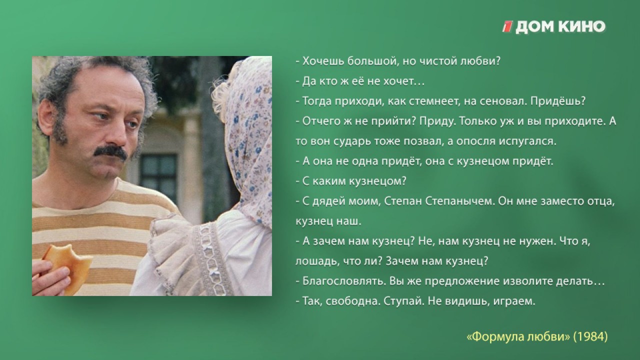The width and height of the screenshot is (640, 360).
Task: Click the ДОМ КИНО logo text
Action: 560,27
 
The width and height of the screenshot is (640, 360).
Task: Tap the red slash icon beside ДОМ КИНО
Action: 507,26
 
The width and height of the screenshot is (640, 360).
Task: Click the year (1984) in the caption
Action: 590,336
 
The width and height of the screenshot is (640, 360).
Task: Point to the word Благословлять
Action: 345,281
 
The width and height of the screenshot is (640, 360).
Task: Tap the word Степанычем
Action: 459,201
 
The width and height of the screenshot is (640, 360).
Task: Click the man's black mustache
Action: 111,153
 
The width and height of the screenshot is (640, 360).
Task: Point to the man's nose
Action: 117,135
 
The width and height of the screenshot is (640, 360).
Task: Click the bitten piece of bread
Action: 68,265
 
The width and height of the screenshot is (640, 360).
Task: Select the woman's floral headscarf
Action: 245,137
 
